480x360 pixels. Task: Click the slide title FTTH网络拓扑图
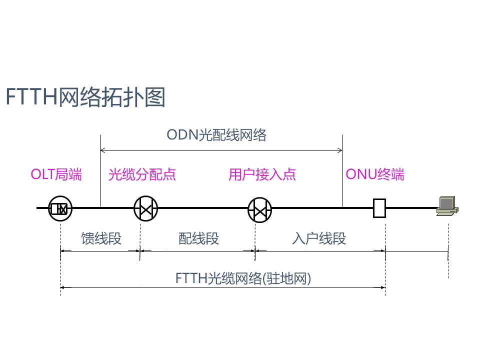coord(85,97)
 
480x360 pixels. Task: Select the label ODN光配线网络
coord(216,135)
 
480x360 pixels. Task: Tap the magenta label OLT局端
coord(56,174)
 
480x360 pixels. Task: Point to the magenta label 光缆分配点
coord(142,174)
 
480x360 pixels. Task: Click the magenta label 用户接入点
coord(262,174)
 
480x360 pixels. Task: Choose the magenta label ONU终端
coord(375,174)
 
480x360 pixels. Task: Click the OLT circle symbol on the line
coord(60,208)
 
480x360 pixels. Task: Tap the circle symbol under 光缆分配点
coord(145,208)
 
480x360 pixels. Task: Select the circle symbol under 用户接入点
coord(260,209)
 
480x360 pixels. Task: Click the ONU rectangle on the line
coord(379,208)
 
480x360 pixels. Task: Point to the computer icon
coord(446,205)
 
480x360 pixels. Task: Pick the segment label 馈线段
coord(101,238)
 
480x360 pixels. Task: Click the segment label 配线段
coord(198,238)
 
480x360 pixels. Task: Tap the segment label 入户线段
coord(319,238)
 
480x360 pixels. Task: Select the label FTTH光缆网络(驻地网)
coord(243,278)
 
